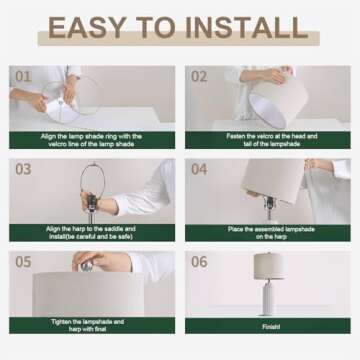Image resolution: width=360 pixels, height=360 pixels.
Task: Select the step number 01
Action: (23, 76)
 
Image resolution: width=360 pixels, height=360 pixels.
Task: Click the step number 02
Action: (199, 76)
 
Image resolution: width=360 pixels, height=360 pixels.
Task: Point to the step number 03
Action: (23, 169)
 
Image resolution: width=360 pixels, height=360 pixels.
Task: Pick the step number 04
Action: (199, 169)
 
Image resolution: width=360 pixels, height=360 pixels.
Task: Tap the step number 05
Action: (23, 261)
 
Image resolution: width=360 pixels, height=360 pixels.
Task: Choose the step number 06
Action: (199, 261)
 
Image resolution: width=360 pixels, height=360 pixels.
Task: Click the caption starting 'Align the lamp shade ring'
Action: (92, 140)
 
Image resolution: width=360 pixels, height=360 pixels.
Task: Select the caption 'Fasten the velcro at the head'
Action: (267, 140)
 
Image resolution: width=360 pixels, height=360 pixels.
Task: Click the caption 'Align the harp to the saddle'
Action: (92, 233)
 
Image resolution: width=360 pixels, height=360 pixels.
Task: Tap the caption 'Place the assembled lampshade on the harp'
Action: (267, 233)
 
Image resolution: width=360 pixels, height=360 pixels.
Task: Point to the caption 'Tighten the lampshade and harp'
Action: (92, 325)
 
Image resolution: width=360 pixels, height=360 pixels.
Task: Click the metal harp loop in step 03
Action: (94, 185)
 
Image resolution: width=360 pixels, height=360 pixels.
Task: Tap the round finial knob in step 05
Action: (86, 262)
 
